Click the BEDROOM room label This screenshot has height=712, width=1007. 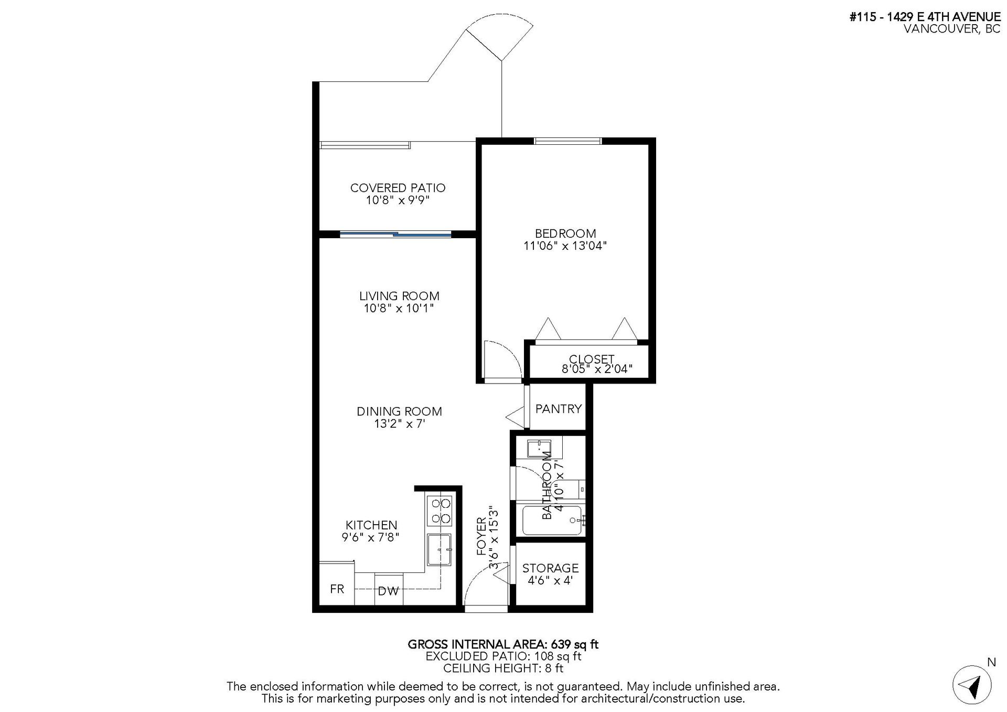[x=565, y=233]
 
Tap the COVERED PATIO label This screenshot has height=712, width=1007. [x=398, y=188]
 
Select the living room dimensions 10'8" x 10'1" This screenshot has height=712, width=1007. [x=399, y=308]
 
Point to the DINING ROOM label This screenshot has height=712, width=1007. [x=399, y=411]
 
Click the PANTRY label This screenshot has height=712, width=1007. [x=559, y=409]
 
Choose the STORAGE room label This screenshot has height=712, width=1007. [x=550, y=568]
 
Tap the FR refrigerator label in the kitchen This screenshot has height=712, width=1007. [x=337, y=589]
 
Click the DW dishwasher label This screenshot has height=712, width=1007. [x=388, y=591]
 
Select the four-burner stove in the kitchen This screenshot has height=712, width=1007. [x=440, y=511]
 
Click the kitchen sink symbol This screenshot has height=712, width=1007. [x=439, y=549]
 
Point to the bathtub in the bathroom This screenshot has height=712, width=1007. [x=552, y=519]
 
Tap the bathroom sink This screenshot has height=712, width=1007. [x=539, y=449]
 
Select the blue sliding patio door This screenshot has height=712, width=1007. [x=395, y=234]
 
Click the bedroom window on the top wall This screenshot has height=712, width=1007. [x=568, y=141]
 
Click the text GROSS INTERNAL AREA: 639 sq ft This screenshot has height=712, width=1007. [x=503, y=644]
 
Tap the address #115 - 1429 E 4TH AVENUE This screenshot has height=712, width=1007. [x=925, y=17]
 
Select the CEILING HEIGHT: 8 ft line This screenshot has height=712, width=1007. [x=503, y=668]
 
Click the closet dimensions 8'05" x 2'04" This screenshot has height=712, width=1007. [x=597, y=369]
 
